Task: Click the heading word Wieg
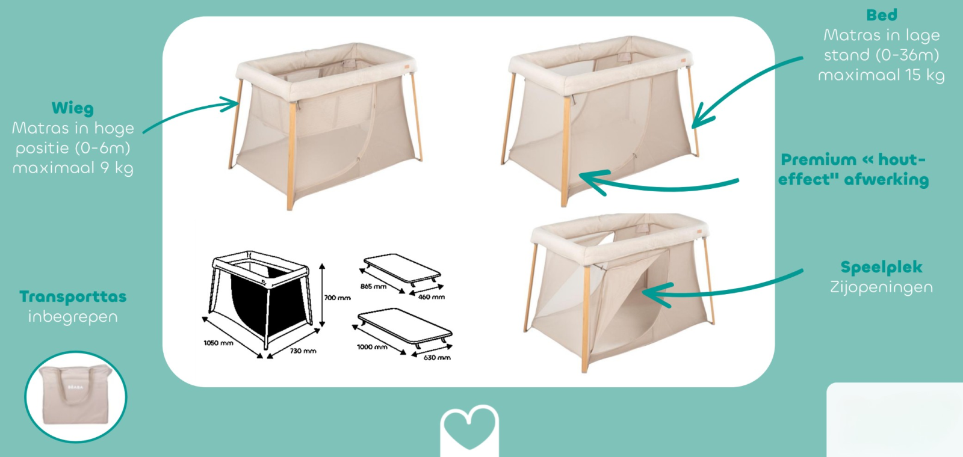tap(73, 108)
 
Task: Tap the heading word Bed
tap(882, 15)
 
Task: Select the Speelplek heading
tap(881, 267)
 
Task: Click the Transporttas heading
tap(73, 297)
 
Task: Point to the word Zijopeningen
tap(881, 287)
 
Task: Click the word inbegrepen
tap(73, 317)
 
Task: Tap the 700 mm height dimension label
tap(338, 298)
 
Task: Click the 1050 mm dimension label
tap(218, 343)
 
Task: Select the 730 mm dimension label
tap(303, 351)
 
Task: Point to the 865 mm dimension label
tap(373, 286)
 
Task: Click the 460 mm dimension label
tap(431, 297)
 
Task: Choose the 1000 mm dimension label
tap(372, 346)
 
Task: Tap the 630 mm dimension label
tap(437, 357)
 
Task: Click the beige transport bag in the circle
tap(76, 394)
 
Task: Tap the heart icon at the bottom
tap(469, 431)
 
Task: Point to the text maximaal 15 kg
tap(881, 75)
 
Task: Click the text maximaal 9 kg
tap(73, 168)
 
